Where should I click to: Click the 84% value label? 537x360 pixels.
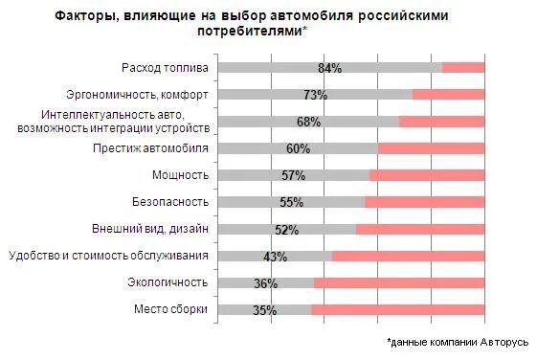click(x=330, y=68)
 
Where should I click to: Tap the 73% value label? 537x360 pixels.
click(x=316, y=95)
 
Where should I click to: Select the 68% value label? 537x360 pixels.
click(x=308, y=122)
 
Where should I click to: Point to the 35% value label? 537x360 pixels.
click(x=264, y=310)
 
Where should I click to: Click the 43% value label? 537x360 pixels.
click(x=275, y=257)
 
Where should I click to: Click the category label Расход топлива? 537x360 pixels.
click(x=165, y=67)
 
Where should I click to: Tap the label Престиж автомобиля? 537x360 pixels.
click(x=151, y=148)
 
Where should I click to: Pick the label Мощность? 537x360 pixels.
click(x=181, y=175)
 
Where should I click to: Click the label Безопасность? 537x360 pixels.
click(x=170, y=202)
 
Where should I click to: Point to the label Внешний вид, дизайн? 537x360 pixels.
click(x=150, y=229)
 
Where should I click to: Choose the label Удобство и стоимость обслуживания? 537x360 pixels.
click(x=109, y=256)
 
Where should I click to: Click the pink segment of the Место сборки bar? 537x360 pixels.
click(x=397, y=310)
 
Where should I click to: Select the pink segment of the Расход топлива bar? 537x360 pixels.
click(x=463, y=68)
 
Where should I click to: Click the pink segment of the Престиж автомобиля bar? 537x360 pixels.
click(x=431, y=148)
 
